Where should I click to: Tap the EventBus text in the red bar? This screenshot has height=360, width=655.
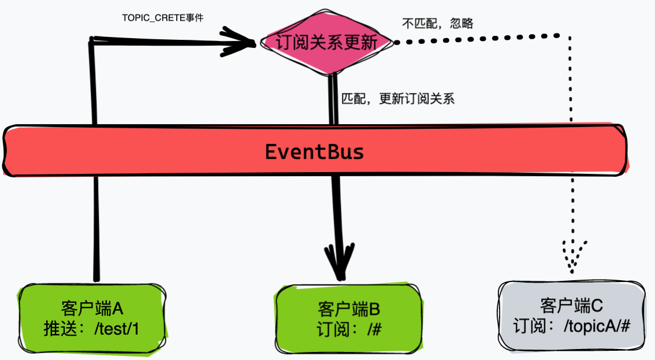click(x=314, y=151)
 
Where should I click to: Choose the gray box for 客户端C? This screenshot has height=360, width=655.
click(x=571, y=315)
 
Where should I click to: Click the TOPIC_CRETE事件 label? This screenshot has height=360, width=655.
click(x=163, y=18)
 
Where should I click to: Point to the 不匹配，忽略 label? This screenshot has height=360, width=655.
click(x=437, y=23)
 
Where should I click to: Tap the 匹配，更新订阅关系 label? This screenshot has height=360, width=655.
click(x=398, y=98)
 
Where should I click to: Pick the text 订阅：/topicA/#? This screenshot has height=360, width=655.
click(x=571, y=326)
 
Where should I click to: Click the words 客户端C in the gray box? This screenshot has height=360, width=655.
click(x=571, y=305)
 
